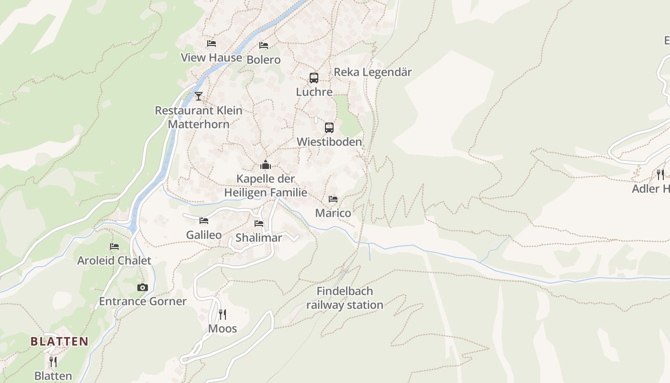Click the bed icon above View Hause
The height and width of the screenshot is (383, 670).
212,44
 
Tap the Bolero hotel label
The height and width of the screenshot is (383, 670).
263,60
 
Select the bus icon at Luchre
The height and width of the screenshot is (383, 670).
313,78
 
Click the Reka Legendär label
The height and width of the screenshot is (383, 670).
372,72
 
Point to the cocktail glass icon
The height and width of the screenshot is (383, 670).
199,96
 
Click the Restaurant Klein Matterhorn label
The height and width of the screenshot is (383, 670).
199,117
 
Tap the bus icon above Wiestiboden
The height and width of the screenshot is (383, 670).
329,127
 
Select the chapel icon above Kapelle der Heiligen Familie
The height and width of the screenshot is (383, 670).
265,165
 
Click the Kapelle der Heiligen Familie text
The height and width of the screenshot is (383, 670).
266,186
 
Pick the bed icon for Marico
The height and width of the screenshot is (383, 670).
333,199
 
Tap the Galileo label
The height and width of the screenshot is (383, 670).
204,235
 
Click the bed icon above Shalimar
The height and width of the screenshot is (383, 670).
259,223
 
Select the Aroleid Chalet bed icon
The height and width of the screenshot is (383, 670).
114,247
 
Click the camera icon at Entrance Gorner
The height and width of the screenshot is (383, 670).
142,287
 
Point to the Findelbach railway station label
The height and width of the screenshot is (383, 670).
345,298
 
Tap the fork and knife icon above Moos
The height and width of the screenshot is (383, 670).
223,314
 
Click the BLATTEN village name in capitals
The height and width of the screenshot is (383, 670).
59,341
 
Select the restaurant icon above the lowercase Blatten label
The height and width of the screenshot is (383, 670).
53,361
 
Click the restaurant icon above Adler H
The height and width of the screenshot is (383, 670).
660,174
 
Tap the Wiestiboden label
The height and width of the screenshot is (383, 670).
329,142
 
